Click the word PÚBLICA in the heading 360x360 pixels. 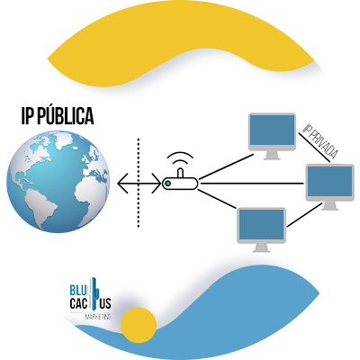pos(67,116)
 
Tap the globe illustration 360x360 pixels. pos(58,182)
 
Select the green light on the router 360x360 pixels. pos(168,184)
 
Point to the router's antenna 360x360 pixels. pos(180,174)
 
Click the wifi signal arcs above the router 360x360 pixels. pos(180,158)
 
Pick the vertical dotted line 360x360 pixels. pos(139,183)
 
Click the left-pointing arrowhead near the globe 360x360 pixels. pos(122,183)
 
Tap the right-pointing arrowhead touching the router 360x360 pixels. pos(157,183)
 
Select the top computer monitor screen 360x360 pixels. pos(272,130)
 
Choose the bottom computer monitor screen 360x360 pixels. pos(261,225)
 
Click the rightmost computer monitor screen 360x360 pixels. pos(330,182)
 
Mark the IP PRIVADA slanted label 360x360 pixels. pos(319,141)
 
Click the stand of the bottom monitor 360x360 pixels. pos(261,247)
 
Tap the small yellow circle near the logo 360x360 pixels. pos(139,325)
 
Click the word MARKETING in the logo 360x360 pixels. pos(98,317)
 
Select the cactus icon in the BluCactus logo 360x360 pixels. pos(94,293)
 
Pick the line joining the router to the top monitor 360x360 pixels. pos(227,166)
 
